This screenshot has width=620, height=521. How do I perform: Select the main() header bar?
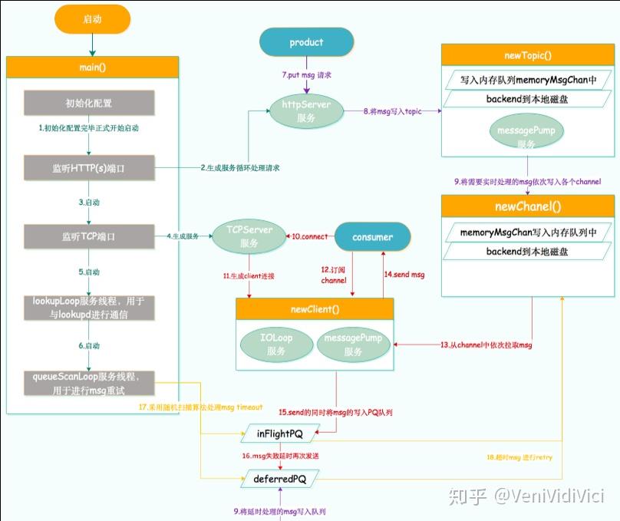[92, 67]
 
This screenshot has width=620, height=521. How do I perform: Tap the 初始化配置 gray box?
[89, 102]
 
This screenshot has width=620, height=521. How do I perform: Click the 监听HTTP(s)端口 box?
[89, 166]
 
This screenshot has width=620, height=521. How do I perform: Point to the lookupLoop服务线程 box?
[89, 308]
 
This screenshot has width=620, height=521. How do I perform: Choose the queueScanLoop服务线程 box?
[89, 383]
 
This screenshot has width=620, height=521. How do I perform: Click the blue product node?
[306, 42]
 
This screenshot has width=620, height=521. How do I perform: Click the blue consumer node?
[372, 237]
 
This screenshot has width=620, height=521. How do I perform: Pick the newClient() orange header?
[315, 308]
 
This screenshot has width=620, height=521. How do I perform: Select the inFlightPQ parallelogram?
[279, 434]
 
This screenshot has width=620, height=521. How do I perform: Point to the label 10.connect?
[309, 236]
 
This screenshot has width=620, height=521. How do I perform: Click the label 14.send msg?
[404, 273]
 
